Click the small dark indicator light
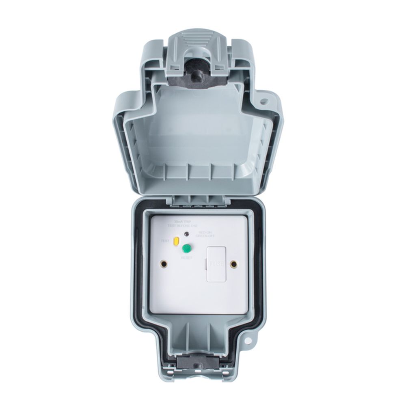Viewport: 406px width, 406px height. pos(186,233)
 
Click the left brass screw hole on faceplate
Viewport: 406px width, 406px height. pos(164,264)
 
